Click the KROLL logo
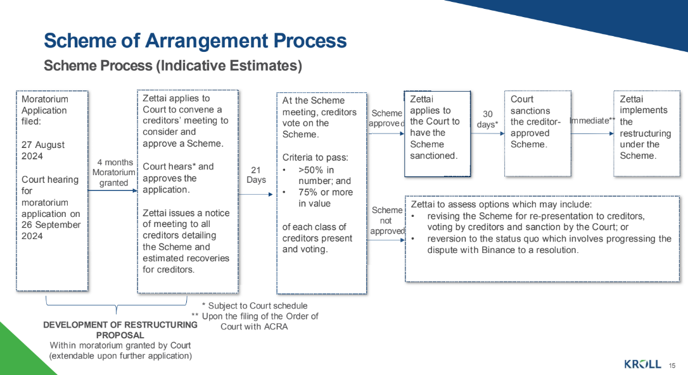[642, 364]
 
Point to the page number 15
[672, 366]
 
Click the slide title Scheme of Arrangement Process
[195, 40]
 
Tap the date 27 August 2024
[43, 151]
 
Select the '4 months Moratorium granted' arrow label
[113, 173]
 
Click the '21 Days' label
[256, 175]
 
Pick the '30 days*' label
[487, 119]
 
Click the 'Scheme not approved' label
[387, 220]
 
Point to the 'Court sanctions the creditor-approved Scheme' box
[538, 133]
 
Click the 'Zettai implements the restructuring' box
[647, 133]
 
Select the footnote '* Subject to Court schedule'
[255, 306]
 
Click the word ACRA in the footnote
[276, 327]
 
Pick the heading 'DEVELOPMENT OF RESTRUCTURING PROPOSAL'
[120, 330]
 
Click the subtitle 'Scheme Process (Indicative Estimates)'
[173, 66]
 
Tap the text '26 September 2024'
[51, 230]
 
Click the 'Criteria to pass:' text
[315, 157]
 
